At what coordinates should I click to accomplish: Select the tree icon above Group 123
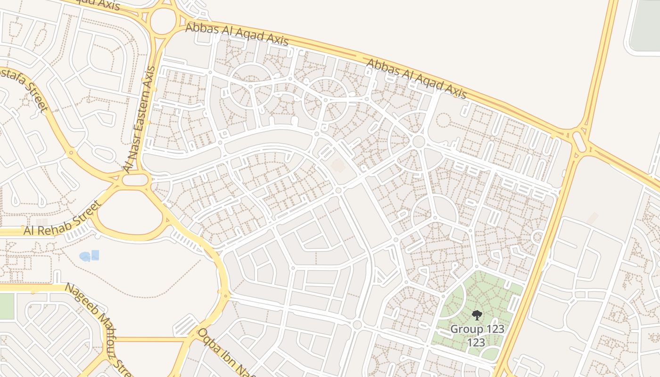click(x=477, y=315)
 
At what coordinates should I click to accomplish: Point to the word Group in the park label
click(x=465, y=328)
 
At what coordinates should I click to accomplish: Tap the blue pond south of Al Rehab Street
click(x=85, y=256)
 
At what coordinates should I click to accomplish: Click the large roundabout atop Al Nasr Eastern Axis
click(x=163, y=21)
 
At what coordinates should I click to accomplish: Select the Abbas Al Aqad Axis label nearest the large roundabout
click(x=237, y=33)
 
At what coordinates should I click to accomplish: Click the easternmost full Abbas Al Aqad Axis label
click(x=416, y=79)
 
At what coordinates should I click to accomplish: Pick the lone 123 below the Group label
click(x=476, y=343)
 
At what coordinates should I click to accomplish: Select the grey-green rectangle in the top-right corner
click(x=645, y=24)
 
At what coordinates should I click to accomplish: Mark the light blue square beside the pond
click(x=95, y=255)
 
